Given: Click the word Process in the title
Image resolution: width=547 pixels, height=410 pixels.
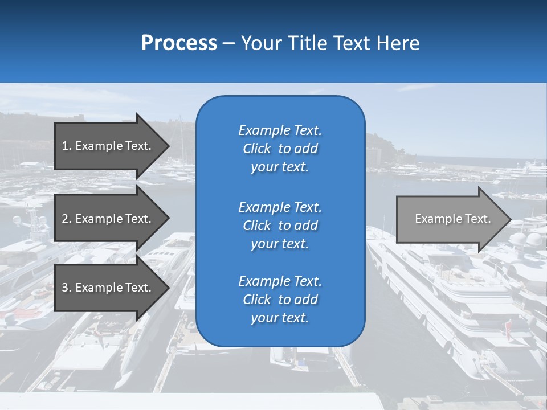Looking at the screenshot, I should pos(179,43).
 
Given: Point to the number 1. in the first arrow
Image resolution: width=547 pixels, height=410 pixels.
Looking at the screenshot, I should pos(66,146).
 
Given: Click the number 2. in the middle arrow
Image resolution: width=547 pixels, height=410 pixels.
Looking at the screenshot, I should pos(66,219).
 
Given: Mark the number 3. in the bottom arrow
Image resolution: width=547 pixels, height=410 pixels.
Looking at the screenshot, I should pos(66,288).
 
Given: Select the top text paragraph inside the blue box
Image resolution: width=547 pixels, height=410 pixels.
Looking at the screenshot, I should pos(280,149).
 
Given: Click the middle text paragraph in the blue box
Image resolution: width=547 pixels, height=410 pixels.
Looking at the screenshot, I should pos(280,225).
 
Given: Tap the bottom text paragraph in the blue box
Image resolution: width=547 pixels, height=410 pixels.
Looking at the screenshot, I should pos(280,300).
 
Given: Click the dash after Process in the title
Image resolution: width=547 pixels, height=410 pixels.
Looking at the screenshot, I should pos(228,44).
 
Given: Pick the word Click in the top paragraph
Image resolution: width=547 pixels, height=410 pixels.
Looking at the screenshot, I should pos(257,149).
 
